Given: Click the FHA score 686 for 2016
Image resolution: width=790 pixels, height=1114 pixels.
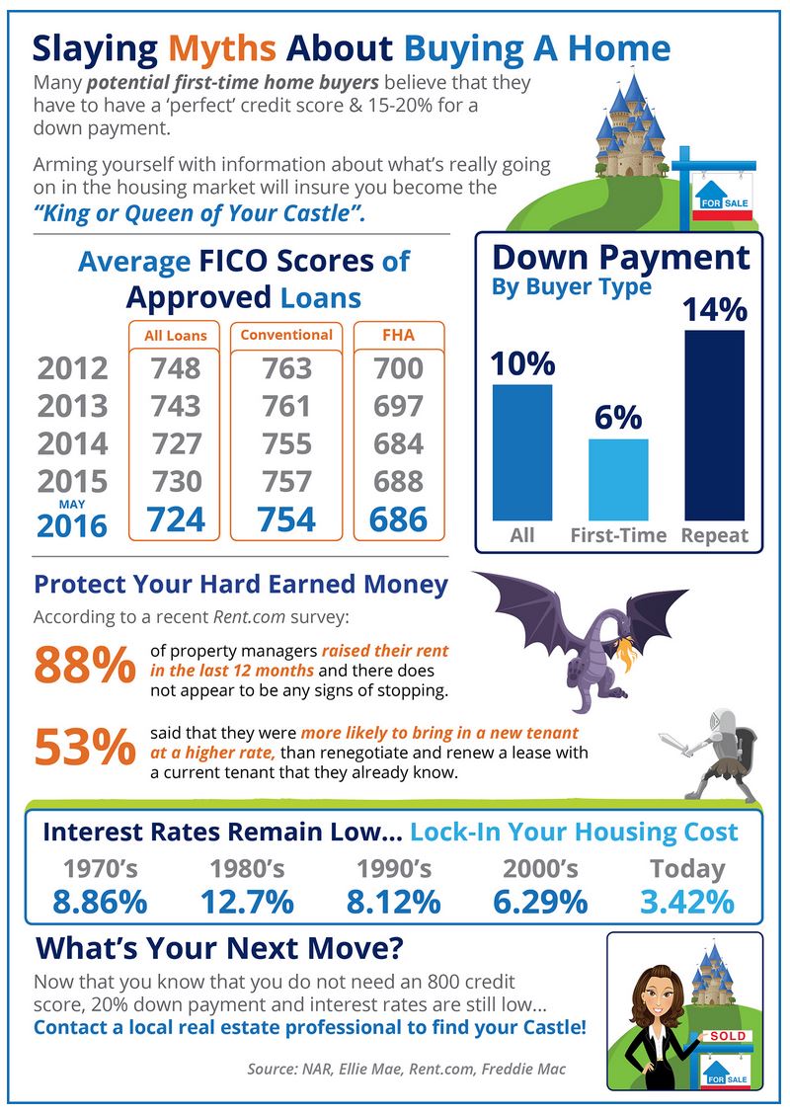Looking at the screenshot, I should point(399,519).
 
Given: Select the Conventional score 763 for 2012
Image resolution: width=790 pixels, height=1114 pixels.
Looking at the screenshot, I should point(287,369).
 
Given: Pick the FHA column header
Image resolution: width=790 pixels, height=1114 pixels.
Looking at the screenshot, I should point(398,335).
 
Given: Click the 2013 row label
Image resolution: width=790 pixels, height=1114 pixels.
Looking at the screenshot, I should point(72,406).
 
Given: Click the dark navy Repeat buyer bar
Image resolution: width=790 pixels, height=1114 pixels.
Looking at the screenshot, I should point(714,425).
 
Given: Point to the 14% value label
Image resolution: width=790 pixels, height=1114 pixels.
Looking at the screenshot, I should point(714,310).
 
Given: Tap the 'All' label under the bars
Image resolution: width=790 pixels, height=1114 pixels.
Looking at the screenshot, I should point(522,536).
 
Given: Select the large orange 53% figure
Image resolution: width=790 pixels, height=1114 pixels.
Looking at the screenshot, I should point(84,748).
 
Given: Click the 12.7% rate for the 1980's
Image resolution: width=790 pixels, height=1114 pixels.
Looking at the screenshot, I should point(247,902).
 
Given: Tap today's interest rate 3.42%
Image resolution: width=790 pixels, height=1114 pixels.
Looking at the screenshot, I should point(687,902).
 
